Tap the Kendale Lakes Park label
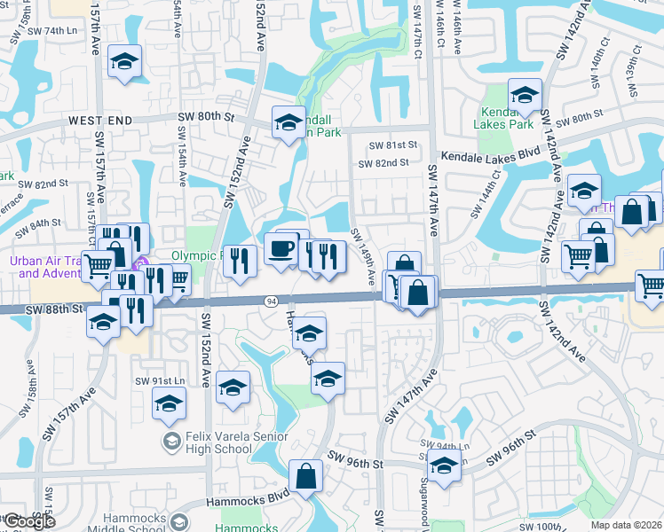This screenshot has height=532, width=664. pyautogui.click(x=507, y=118)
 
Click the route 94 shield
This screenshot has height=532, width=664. pyautogui.click(x=269, y=302)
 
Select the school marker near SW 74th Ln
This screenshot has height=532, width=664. pyautogui.click(x=125, y=63)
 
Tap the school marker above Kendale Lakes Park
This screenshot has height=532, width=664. pyautogui.click(x=525, y=96)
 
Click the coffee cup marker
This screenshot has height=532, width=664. pyautogui.click(x=282, y=249)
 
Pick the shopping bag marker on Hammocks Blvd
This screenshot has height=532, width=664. pyautogui.click(x=306, y=476)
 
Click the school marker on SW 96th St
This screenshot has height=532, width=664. pyautogui.click(x=444, y=465)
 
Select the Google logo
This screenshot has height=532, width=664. pyautogui.click(x=29, y=521)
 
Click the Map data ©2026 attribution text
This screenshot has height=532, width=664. pyautogui.click(x=626, y=525)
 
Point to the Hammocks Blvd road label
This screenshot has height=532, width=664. pyautogui.click(x=248, y=497)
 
